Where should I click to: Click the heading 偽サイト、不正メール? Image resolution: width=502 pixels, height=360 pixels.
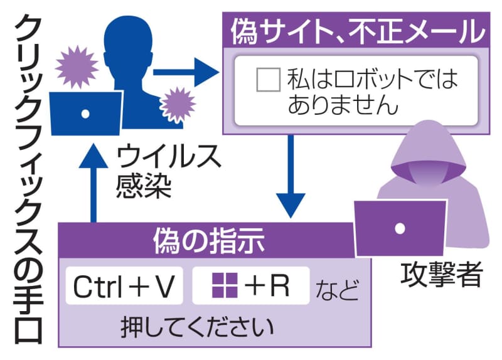point(358,30)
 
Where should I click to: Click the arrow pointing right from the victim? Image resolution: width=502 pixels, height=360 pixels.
point(184,73)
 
